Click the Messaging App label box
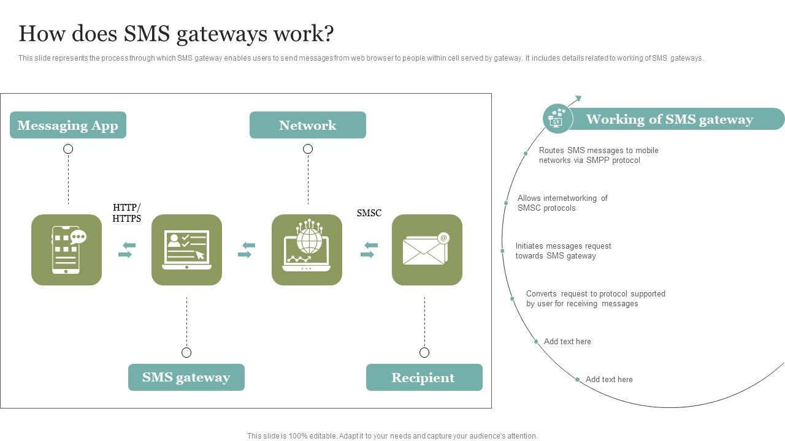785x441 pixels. (x=68, y=125)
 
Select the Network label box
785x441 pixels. (x=307, y=125)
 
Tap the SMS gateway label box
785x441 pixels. (x=186, y=377)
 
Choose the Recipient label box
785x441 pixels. (x=424, y=377)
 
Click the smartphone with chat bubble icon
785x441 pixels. (x=67, y=250)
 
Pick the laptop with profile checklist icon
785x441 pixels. (x=186, y=250)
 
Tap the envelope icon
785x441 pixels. (x=426, y=250)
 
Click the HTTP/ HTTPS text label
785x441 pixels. (x=127, y=213)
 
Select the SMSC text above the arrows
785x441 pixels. (x=369, y=213)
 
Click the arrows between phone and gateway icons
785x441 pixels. (x=126, y=250)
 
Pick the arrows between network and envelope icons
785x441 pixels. (x=369, y=250)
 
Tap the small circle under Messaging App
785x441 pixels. (x=68, y=149)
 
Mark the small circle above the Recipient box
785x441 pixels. (x=424, y=352)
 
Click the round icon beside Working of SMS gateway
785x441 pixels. (x=557, y=118)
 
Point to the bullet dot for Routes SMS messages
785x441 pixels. (x=526, y=153)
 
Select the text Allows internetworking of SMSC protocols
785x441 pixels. (x=562, y=203)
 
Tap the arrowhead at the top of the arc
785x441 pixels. (x=578, y=98)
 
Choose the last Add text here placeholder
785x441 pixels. (x=609, y=379)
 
